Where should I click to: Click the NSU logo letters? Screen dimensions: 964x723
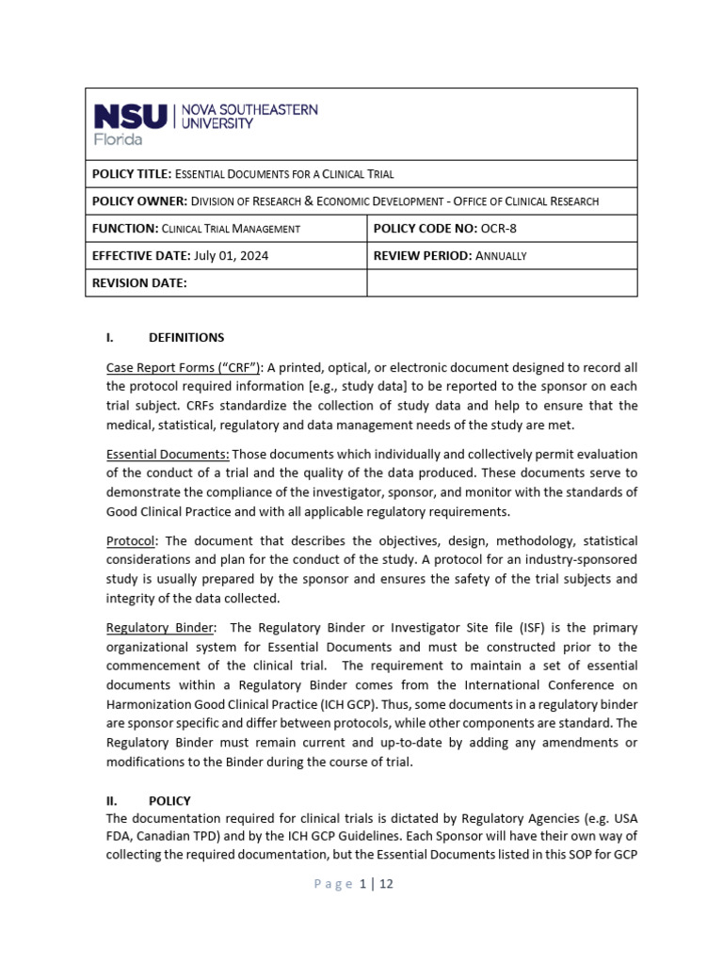coord(131,117)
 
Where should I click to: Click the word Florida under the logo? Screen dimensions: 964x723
coord(118,139)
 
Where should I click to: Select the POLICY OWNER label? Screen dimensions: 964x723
coord(138,201)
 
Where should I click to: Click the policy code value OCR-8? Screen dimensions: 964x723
coord(498,229)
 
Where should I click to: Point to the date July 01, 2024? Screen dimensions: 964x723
coord(231,256)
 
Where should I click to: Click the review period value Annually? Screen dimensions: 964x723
coord(501,256)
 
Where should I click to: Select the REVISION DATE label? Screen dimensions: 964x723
coord(139,282)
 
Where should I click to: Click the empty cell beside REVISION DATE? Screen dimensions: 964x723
coord(501,282)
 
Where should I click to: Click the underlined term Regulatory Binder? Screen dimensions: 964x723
coord(159,628)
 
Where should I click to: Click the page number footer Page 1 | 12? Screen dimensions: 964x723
coord(361,884)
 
